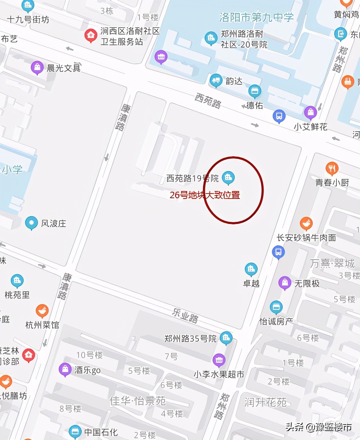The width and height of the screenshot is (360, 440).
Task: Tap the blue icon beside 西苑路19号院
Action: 228,177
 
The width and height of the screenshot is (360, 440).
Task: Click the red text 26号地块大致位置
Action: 205,195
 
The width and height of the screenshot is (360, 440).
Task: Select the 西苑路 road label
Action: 208,100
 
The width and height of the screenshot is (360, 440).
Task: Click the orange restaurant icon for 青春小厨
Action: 332,168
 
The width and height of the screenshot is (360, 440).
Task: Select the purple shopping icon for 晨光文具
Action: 37,67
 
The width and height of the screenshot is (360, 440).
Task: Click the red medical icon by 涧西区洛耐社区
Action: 91,35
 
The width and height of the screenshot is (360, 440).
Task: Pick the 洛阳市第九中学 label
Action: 257,16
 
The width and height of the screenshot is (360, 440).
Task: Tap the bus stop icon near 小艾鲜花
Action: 279,116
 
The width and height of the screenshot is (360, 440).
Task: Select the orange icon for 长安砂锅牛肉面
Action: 306,224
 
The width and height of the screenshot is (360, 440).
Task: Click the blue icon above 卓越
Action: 251,269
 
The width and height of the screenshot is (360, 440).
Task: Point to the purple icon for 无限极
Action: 285,283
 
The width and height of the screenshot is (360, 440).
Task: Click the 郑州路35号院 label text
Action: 190,338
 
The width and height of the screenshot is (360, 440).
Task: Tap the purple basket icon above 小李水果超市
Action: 219,360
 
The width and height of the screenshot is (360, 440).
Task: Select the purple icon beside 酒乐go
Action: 65,369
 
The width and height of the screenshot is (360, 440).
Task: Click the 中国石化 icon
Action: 75,432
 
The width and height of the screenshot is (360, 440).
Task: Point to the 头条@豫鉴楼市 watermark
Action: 318,427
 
